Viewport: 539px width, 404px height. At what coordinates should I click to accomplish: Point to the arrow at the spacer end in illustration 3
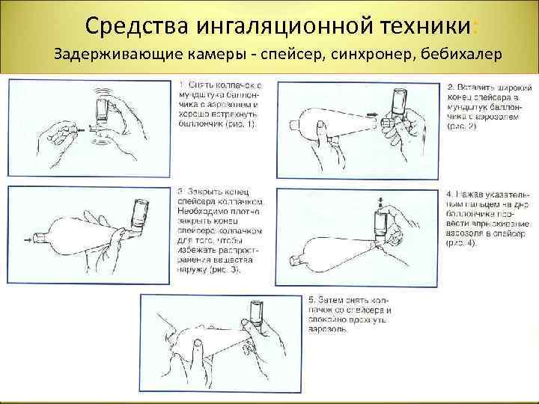[28, 239]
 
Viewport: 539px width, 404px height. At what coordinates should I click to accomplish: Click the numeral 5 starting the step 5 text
[309, 300]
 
